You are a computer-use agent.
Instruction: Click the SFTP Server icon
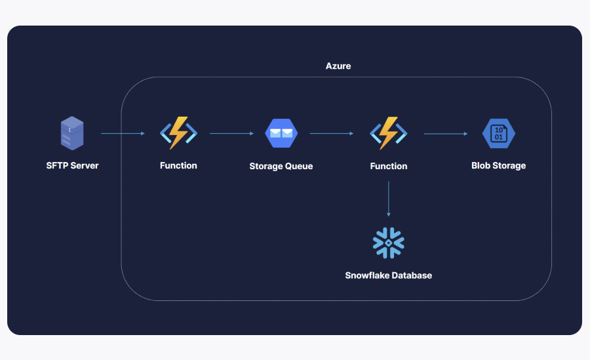pos(72,133)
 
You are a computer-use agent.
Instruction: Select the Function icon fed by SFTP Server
pos(178,133)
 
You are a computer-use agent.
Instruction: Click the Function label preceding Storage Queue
pos(178,166)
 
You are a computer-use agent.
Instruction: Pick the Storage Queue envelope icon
pos(281,133)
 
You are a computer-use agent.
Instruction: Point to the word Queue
pos(299,167)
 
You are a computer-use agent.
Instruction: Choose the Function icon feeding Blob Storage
pos(389,133)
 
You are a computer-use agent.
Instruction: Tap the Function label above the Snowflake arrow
pos(389,167)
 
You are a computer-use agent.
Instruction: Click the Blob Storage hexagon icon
pos(498,133)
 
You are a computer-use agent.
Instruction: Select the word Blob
pos(482,166)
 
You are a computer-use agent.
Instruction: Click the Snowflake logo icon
pos(389,243)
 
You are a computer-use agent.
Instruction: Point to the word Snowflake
pos(368,275)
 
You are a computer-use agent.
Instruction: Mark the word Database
pos(412,275)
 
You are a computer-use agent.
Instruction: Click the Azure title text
pos(338,66)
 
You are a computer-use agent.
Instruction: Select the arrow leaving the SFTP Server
pos(123,134)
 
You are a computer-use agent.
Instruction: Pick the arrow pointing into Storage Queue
pos(231,134)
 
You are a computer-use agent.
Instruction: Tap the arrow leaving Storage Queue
pos(331,134)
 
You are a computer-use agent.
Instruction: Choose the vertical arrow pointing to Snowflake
pos(389,199)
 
